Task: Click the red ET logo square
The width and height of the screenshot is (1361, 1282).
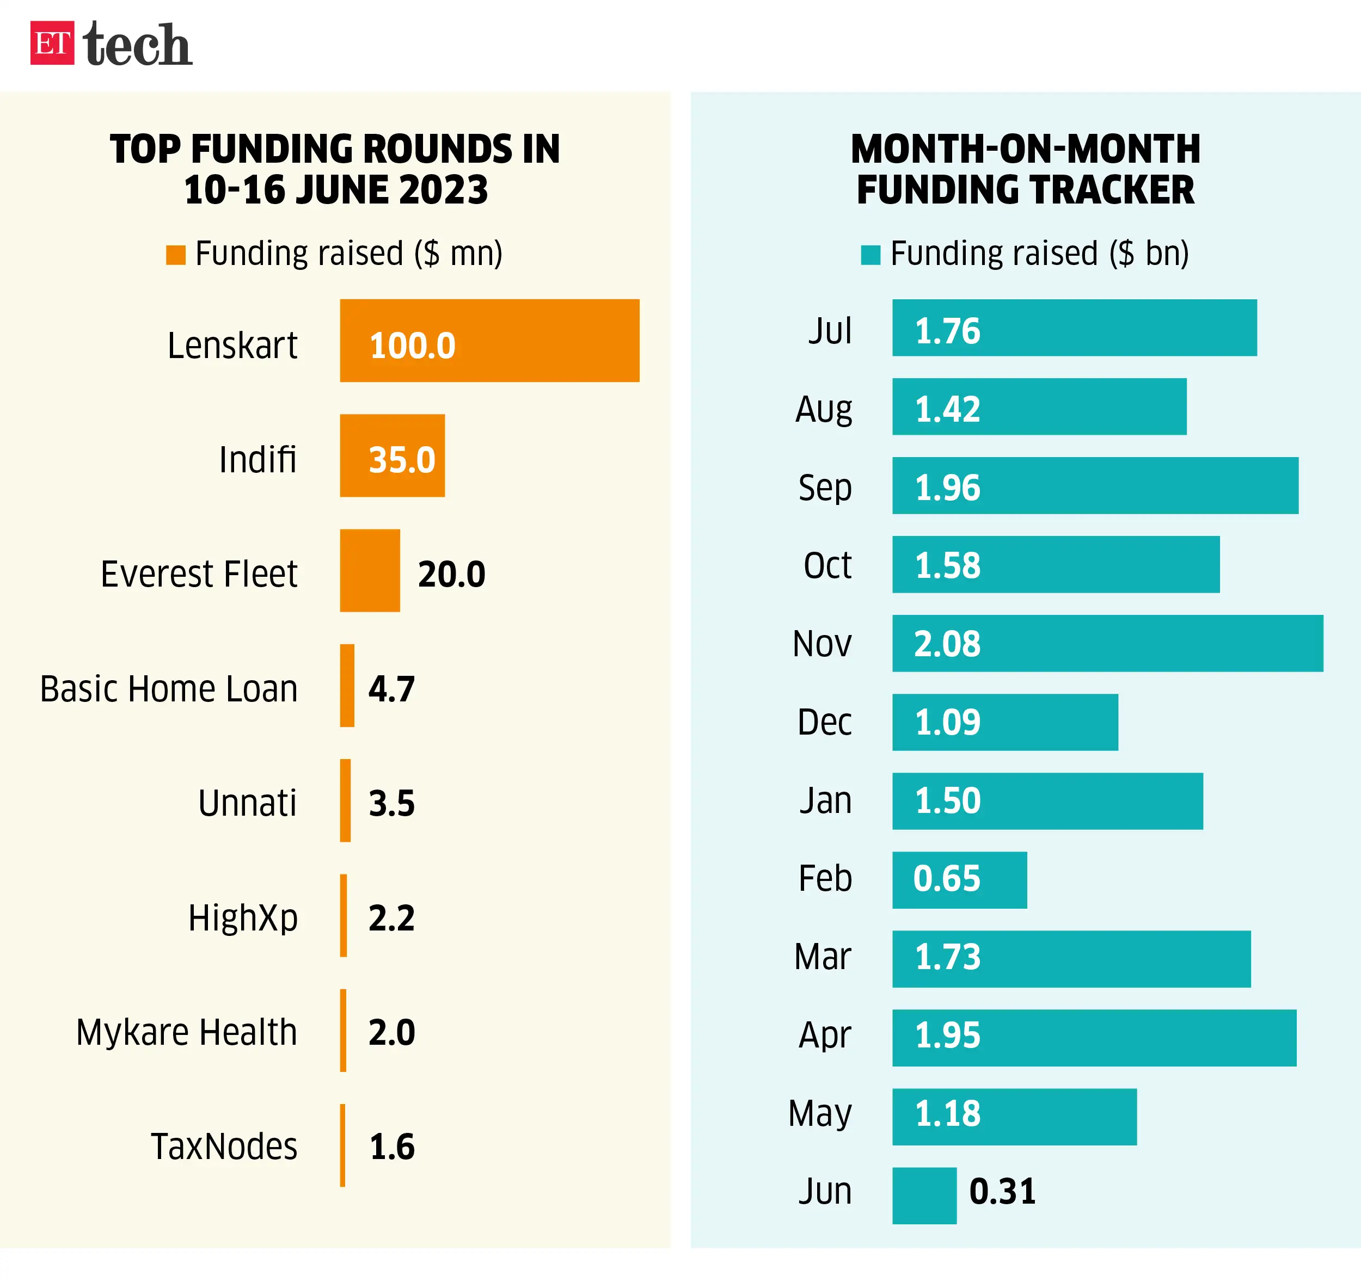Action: [52, 43]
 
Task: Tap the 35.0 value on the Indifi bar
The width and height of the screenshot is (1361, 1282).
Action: [402, 459]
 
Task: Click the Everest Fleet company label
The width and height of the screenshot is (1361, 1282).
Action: [199, 574]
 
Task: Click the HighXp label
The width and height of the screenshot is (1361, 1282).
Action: [243, 918]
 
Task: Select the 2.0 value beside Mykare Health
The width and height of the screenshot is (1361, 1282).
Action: [391, 1032]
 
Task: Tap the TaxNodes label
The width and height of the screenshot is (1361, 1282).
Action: [224, 1147]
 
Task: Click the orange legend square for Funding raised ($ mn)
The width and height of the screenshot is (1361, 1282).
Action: [176, 255]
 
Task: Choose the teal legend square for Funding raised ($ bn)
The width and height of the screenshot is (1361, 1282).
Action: [870, 255]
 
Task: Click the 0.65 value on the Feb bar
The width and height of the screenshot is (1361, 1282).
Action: [947, 879]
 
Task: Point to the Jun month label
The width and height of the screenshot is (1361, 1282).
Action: [825, 1192]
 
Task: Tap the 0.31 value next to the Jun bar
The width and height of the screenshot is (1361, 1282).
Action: [1002, 1192]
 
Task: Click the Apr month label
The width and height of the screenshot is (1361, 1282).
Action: [825, 1036]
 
